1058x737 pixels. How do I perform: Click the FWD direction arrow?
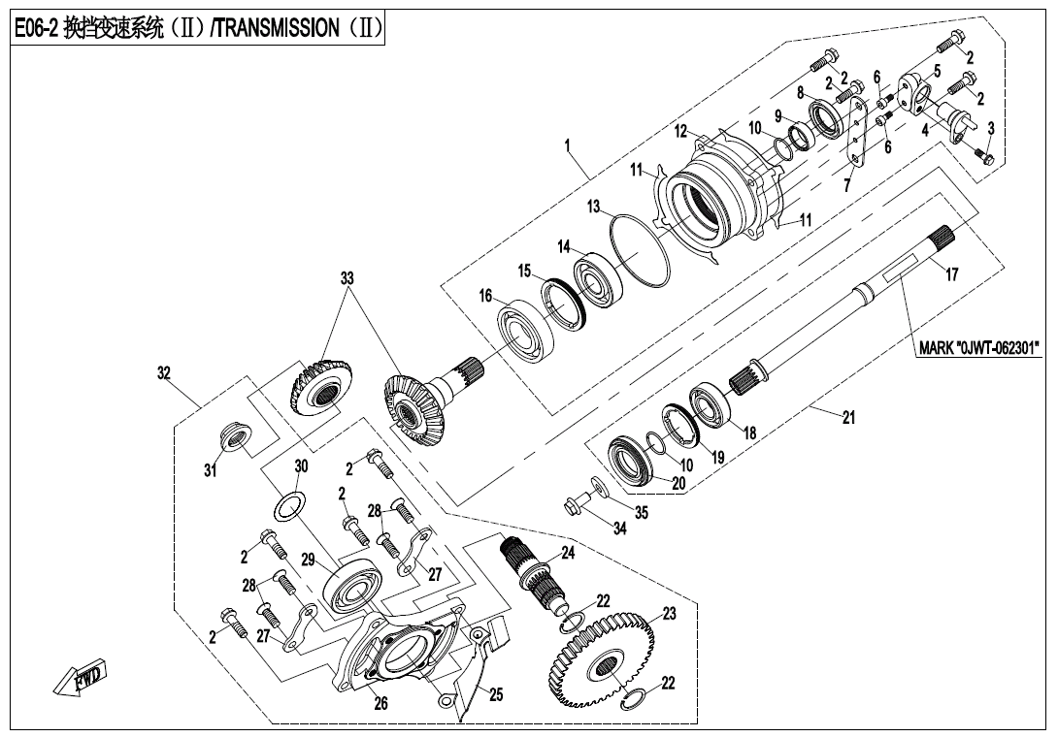point(80,680)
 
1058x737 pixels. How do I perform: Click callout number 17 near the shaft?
point(952,275)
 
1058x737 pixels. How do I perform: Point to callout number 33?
point(347,278)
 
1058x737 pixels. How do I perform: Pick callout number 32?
point(163,371)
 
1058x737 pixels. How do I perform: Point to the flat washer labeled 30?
point(290,507)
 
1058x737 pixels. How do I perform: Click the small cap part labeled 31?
point(234,434)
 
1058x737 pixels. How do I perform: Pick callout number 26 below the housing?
point(381,704)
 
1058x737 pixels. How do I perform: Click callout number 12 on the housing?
point(681,131)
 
